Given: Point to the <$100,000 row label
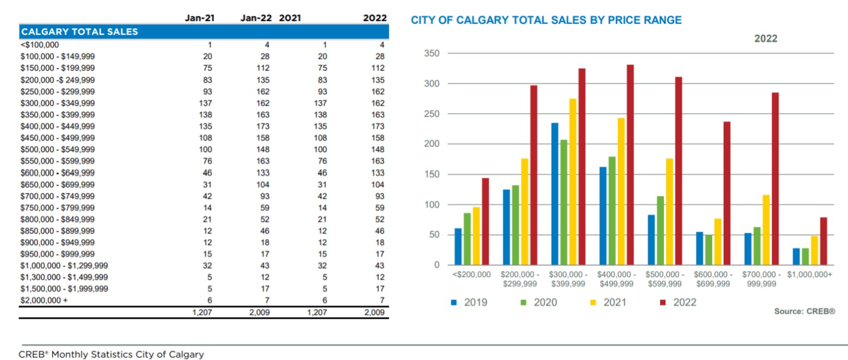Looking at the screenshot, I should pos(39,45).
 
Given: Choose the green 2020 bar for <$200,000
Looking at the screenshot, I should pos(467,239).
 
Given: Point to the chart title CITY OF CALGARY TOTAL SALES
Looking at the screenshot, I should pos(546,20).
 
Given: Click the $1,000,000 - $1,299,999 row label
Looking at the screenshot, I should pos(64,266).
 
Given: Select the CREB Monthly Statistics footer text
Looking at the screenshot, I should pos(111,355).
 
